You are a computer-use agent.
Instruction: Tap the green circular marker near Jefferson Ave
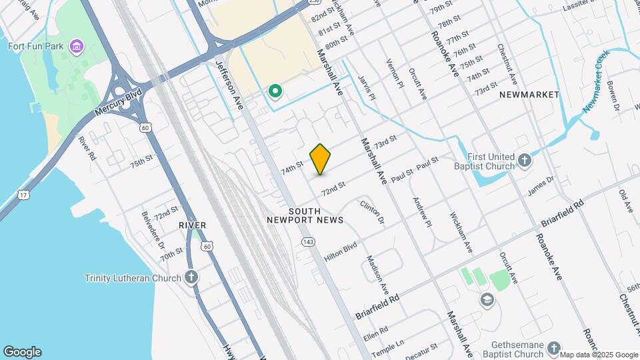coord(275,91)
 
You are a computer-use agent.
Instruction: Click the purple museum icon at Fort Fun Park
coord(79,47)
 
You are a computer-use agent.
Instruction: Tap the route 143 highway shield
coord(307,241)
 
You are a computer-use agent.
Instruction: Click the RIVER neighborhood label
coord(192,225)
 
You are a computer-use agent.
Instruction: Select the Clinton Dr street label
coord(373,212)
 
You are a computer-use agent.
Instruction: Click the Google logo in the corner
coord(22,352)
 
